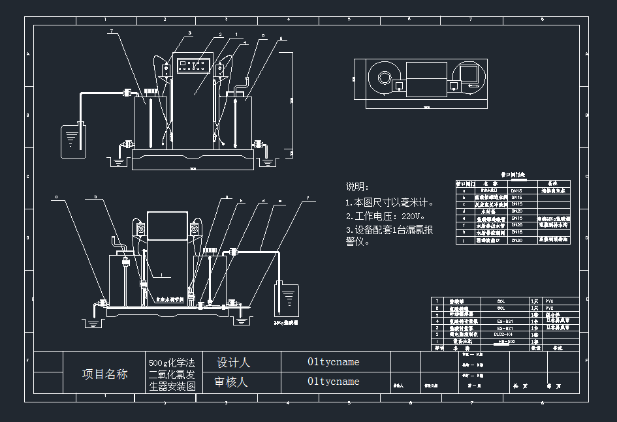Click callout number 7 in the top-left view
[112, 31]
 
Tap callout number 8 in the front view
[281, 38]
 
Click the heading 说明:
[358, 187]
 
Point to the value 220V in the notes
[413, 216]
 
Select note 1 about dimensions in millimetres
[390, 203]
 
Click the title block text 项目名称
[104, 374]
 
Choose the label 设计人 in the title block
[233, 363]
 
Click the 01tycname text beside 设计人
[333, 362]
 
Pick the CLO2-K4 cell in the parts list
[502, 333]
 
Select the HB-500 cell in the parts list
[502, 341]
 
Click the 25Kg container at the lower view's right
[287, 301]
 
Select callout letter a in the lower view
[56, 196]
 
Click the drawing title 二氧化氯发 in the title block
[172, 374]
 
